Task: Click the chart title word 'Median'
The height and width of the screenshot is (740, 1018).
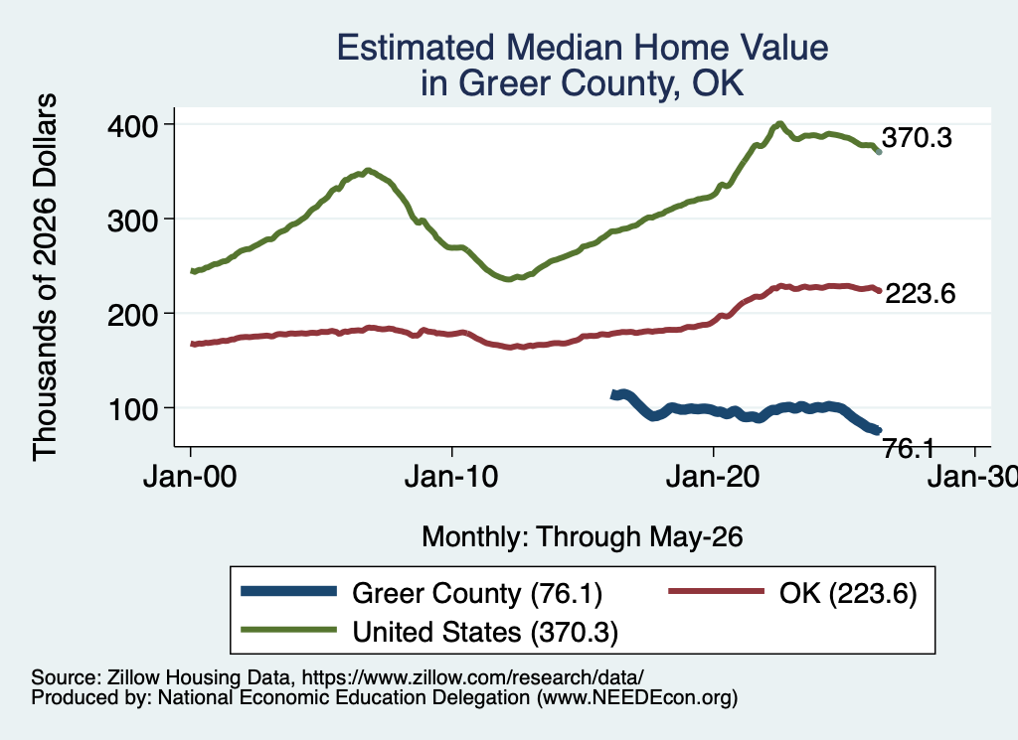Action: pyautogui.click(x=563, y=48)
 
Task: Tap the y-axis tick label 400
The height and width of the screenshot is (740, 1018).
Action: pyautogui.click(x=132, y=125)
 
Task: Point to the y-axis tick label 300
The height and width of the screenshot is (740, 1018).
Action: pyautogui.click(x=132, y=221)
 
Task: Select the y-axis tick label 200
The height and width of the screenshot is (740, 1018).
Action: pyautogui.click(x=132, y=315)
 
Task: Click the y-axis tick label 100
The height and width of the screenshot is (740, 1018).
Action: pyautogui.click(x=133, y=410)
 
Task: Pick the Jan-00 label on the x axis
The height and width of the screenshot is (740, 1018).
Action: pyautogui.click(x=190, y=477)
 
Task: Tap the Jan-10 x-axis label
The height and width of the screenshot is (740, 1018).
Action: pyautogui.click(x=451, y=477)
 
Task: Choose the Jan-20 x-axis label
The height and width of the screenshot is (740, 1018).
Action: pyautogui.click(x=713, y=477)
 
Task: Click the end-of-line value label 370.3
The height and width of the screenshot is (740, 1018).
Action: pyautogui.click(x=917, y=137)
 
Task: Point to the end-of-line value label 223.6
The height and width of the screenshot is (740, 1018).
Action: pyautogui.click(x=921, y=294)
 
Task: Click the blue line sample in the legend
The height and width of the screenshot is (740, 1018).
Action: pyautogui.click(x=289, y=591)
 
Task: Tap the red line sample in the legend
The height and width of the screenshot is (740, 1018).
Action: pyautogui.click(x=716, y=591)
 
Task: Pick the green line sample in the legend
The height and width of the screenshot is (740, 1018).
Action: pyautogui.click(x=289, y=630)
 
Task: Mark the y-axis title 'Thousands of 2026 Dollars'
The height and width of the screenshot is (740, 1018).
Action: pyautogui.click(x=45, y=277)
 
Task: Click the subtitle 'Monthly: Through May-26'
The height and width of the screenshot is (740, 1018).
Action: pyautogui.click(x=583, y=537)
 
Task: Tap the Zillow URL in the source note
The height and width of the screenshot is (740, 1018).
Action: pyautogui.click(x=472, y=677)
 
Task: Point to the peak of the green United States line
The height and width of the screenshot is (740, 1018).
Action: pyautogui.click(x=779, y=123)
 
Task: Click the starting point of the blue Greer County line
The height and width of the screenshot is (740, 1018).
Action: pyautogui.click(x=613, y=395)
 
